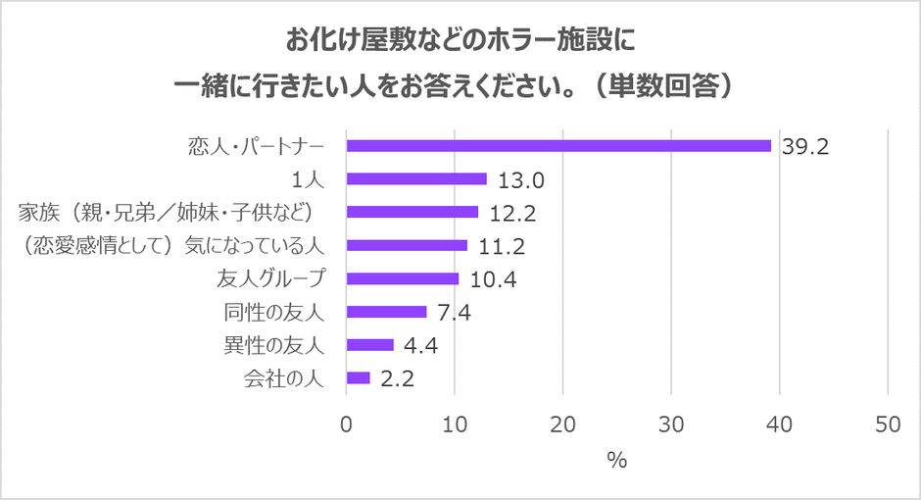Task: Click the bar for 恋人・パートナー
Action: (x=558, y=146)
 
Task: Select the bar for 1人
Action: (x=416, y=179)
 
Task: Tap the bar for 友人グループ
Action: (x=403, y=279)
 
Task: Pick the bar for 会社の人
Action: (x=359, y=378)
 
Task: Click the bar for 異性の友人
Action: (x=370, y=345)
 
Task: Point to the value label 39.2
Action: (x=805, y=147)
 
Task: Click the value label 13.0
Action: (x=519, y=180)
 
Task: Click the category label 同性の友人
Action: (x=281, y=313)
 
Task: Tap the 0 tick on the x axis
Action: (x=347, y=424)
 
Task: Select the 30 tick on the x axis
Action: (x=671, y=424)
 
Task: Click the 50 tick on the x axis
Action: (x=888, y=424)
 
